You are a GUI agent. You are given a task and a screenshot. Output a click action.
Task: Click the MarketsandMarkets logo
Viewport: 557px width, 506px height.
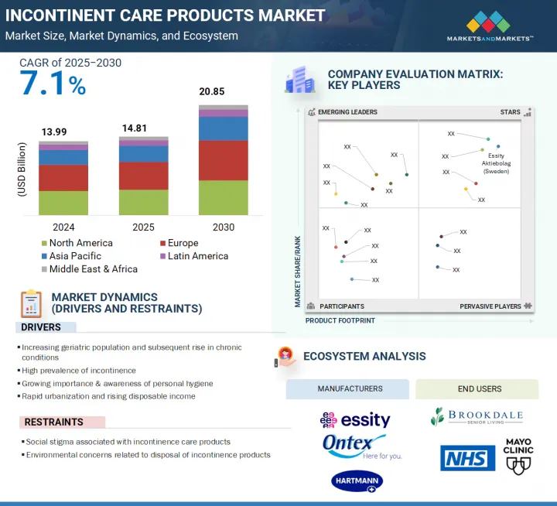point(490,25)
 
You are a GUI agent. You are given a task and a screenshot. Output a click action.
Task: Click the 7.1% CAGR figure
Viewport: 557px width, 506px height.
point(53,84)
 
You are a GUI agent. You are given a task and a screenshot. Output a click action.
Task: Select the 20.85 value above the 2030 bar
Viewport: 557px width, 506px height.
point(213,92)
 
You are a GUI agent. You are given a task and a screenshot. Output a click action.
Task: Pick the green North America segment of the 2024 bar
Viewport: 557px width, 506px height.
point(63,203)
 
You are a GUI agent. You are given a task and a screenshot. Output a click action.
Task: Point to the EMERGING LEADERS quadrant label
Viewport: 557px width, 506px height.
point(347,112)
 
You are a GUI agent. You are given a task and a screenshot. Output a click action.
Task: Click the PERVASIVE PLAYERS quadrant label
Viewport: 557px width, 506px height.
point(490,306)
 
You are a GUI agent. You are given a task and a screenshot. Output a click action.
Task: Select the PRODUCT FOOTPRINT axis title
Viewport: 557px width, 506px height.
point(340,320)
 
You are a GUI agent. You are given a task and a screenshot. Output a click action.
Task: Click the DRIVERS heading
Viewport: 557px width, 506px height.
point(42,327)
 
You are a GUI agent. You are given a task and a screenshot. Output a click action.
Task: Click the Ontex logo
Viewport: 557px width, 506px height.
point(355,446)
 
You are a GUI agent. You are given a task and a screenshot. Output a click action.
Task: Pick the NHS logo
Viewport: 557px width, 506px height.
point(468,457)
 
